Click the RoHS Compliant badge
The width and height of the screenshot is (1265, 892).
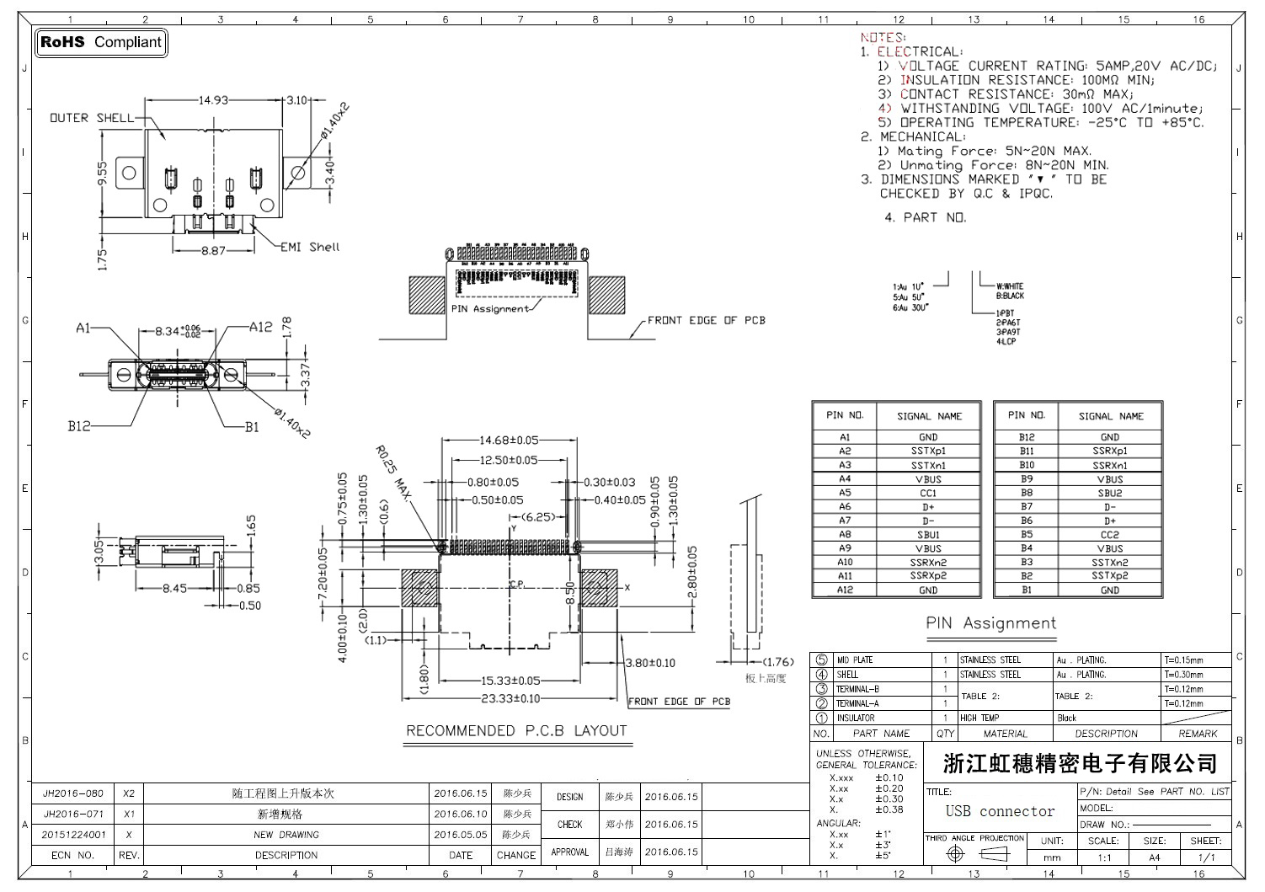101,42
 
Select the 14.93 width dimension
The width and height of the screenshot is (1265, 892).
213,100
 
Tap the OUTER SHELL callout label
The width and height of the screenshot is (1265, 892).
91,118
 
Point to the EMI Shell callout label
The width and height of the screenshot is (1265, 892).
311,247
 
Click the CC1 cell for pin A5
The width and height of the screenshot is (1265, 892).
927,493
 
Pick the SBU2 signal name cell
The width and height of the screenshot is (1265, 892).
1109,493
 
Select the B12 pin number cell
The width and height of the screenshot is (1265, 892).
1026,437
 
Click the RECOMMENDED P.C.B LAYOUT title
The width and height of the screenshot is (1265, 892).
516,731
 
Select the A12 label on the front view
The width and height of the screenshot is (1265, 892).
260,327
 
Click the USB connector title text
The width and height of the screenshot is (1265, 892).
999,812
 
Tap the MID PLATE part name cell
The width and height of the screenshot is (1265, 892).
854,660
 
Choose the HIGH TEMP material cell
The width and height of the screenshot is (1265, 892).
979,718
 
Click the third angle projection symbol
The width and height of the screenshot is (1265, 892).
975,854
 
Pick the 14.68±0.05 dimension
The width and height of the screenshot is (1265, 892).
509,441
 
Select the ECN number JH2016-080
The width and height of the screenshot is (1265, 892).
73,793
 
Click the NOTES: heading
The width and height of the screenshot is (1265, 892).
883,38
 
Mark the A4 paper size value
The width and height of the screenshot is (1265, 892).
1154,857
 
